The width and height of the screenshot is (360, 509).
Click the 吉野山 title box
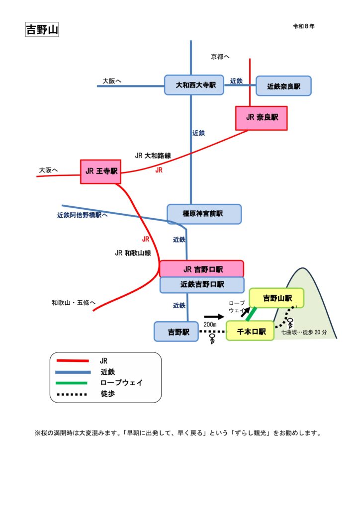click(42, 30)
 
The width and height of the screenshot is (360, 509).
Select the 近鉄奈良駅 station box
click(283, 86)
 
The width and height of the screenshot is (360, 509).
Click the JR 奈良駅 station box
click(262, 118)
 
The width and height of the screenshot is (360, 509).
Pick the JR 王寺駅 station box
click(101, 171)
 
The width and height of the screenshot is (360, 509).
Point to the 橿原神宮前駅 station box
click(204, 214)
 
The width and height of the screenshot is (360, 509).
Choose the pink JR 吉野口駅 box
click(202, 269)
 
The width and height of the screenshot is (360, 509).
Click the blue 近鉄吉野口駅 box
click(202, 285)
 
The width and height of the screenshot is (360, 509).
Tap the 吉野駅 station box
click(176, 331)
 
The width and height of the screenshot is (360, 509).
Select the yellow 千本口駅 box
click(251, 331)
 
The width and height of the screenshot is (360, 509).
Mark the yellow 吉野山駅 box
click(276, 298)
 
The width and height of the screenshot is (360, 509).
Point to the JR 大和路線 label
click(153, 156)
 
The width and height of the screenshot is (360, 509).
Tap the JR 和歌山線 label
click(132, 253)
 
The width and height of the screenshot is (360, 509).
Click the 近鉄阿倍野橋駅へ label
click(83, 216)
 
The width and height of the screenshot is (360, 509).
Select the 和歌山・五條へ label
click(73, 302)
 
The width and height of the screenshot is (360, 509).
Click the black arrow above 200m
click(214, 316)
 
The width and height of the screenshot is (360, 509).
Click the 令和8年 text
click(303, 26)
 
